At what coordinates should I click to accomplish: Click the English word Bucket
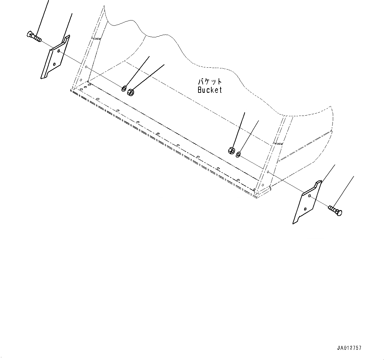pyautogui.click(x=210, y=90)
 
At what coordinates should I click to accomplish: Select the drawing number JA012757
pyautogui.click(x=349, y=348)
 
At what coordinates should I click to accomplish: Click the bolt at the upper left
pyautogui.click(x=34, y=36)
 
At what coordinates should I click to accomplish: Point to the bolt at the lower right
pyautogui.click(x=335, y=210)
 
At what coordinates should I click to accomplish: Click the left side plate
pyautogui.click(x=55, y=57)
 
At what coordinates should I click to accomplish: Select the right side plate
pyautogui.click(x=307, y=202)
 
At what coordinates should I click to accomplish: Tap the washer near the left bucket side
pyautogui.click(x=124, y=88)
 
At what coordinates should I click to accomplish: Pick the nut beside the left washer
pyautogui.click(x=131, y=92)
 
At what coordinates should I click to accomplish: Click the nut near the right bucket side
pyautogui.click(x=231, y=150)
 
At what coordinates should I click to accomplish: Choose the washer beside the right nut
pyautogui.click(x=238, y=155)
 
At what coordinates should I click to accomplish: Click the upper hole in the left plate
pyautogui.click(x=59, y=51)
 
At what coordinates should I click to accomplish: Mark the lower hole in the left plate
pyautogui.click(x=54, y=64)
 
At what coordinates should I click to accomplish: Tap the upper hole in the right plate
pyautogui.click(x=310, y=196)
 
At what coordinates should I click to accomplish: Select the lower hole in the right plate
pyautogui.click(x=305, y=209)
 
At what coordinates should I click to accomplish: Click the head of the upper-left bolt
pyautogui.click(x=29, y=34)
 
